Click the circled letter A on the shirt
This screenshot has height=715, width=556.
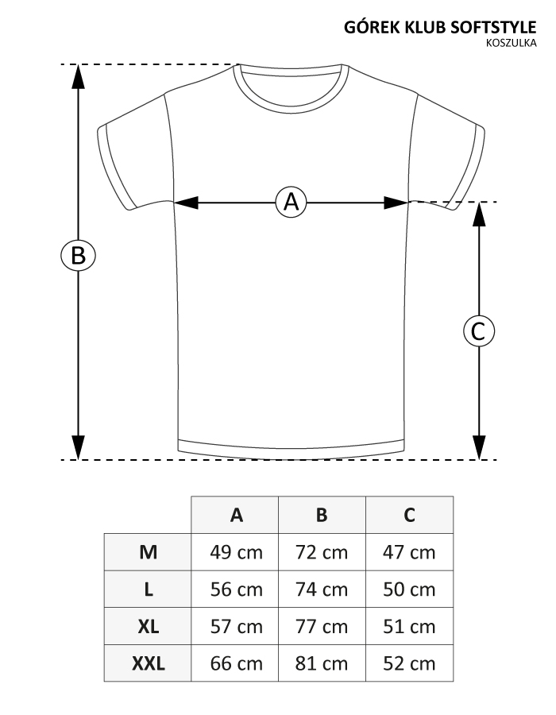click(292, 202)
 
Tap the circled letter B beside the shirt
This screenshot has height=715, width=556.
click(78, 256)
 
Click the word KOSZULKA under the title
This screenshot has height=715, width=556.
click(516, 43)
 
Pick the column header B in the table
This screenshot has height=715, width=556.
click(322, 515)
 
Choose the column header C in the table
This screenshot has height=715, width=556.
click(409, 515)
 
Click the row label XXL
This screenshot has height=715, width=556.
click(148, 663)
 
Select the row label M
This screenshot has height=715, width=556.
click(148, 552)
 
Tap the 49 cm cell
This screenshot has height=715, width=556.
click(236, 552)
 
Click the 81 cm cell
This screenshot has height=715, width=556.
click(322, 663)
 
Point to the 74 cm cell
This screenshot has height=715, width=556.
click(322, 589)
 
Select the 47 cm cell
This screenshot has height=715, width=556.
click(409, 552)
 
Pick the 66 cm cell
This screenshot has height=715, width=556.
click(236, 663)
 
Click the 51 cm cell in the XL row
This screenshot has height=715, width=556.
click(409, 627)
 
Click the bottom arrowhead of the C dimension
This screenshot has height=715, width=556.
click(478, 450)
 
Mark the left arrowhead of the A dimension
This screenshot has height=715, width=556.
click(184, 203)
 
